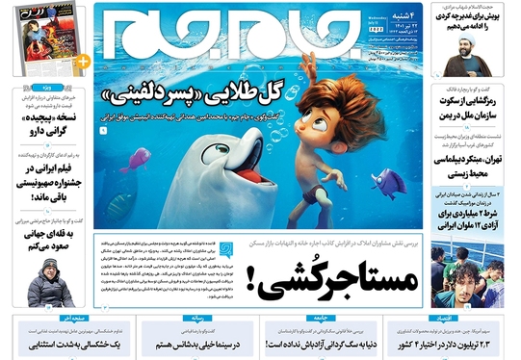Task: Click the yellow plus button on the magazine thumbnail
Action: (x=82, y=61)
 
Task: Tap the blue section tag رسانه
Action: (x=219, y=315)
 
